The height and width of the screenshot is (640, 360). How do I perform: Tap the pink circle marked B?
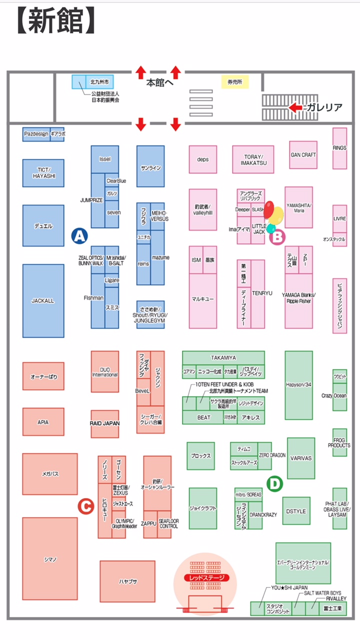click(276, 236)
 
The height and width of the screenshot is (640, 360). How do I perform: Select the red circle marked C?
click(85, 506)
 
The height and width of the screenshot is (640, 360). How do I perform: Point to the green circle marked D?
click(274, 483)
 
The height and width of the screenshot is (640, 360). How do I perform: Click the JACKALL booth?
click(43, 301)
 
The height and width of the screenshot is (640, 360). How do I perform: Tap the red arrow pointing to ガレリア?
click(295, 107)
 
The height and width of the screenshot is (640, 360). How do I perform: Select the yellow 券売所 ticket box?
click(234, 81)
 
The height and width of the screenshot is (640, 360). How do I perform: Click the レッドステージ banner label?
click(206, 578)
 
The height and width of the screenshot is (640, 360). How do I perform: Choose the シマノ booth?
click(50, 558)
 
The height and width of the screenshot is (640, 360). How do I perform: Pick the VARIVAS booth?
click(301, 458)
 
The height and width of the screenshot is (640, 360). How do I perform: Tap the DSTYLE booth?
click(296, 511)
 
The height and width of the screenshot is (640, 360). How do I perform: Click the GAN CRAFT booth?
click(303, 155)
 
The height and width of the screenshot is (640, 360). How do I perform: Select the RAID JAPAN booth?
click(104, 423)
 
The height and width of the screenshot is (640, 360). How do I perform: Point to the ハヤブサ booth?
click(127, 581)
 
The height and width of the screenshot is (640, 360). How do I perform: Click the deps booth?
click(202, 159)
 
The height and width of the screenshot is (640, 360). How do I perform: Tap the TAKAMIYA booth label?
click(223, 357)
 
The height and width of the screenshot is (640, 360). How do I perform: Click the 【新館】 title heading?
click(55, 21)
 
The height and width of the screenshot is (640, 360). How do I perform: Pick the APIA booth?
click(43, 422)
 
